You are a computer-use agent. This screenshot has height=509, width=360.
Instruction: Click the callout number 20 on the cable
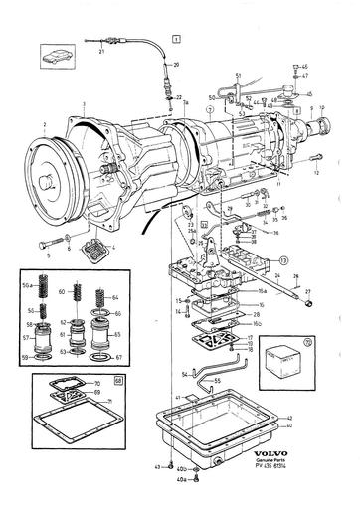176,64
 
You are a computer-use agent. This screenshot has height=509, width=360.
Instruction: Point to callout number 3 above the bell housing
86,106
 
